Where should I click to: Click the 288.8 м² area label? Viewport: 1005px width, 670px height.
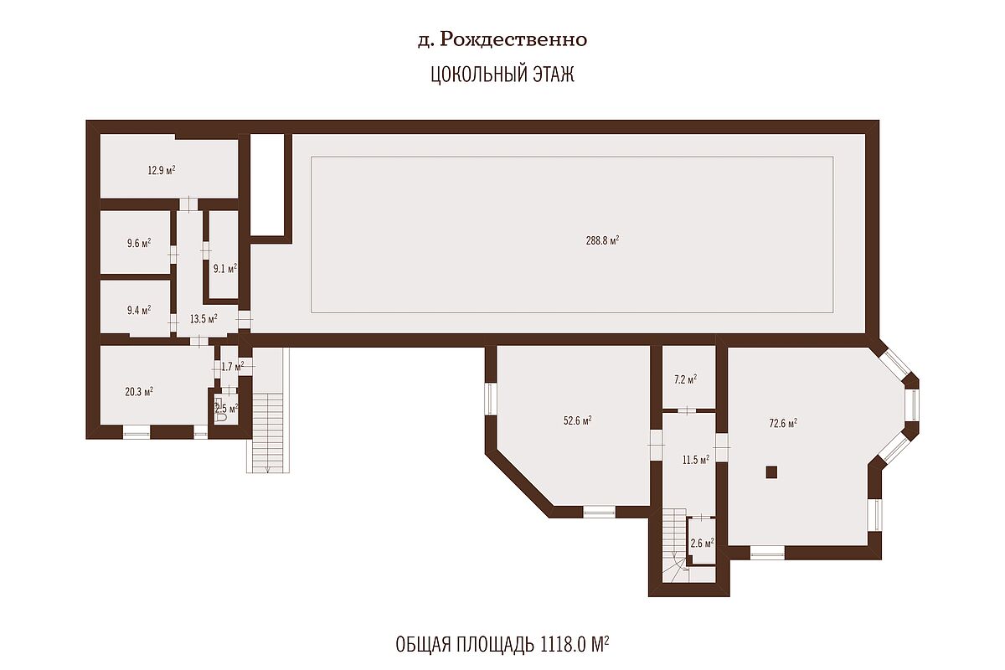coord(602,240)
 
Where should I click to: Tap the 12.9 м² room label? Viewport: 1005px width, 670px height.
coord(162,170)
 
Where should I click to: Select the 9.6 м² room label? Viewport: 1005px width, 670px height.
coord(139,243)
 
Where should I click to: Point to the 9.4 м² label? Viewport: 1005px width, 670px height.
coord(139,310)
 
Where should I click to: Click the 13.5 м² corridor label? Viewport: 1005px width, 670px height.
coord(204,319)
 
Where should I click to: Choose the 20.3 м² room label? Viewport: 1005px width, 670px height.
coord(139,392)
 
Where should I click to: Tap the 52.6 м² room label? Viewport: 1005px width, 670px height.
coord(577,420)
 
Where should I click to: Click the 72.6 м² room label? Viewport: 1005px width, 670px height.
coord(783,423)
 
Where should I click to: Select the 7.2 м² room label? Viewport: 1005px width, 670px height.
coord(686,379)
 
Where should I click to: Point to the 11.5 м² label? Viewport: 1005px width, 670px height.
coord(696,460)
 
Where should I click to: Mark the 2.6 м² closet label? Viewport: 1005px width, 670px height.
coord(702,544)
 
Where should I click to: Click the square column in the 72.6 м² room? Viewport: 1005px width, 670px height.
coord(771,472)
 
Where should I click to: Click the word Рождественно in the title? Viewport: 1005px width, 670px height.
coord(513,40)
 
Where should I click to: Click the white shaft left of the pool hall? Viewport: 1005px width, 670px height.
coord(267,184)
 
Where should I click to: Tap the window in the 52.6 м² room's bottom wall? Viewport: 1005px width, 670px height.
coord(600,512)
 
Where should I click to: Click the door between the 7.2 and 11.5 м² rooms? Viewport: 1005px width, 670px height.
coord(687,410)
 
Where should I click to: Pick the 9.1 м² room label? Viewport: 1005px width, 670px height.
coord(224,269)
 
